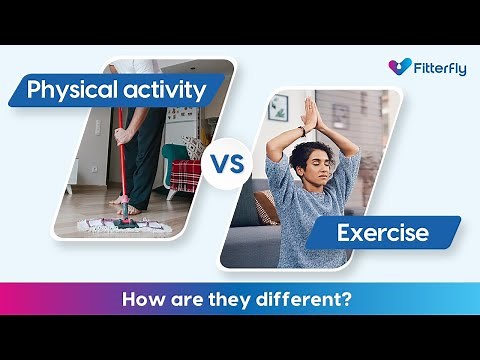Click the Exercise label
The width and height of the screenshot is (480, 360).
point(382,233)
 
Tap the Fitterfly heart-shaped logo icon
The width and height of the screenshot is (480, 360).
point(400,67)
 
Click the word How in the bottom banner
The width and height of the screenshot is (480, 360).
point(141,299)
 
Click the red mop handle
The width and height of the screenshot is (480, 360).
point(122,160)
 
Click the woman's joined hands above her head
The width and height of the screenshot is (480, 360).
point(309,112)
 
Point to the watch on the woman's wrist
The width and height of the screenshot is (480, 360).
point(300,131)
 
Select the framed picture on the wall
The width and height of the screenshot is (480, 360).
point(278,107)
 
